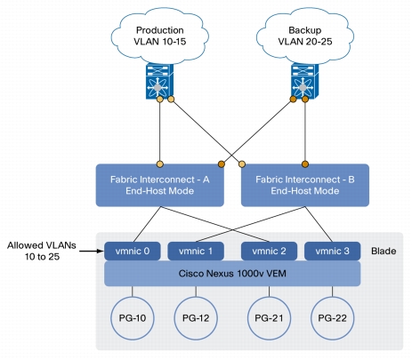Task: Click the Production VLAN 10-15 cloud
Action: (159, 36)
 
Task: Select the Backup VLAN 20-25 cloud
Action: (305, 36)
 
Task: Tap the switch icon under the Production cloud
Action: (159, 81)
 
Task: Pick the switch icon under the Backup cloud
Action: (305, 81)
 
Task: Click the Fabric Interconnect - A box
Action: (159, 185)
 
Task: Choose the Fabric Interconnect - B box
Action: (305, 185)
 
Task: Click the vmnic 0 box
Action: (133, 252)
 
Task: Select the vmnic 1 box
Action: (196, 252)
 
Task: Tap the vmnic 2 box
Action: (269, 252)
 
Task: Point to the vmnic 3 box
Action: (333, 252)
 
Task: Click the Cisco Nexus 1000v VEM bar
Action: (232, 274)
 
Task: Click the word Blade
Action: (384, 252)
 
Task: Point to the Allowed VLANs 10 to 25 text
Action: (42, 251)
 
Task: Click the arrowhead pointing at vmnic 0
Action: (101, 252)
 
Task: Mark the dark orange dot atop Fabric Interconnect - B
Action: (305, 164)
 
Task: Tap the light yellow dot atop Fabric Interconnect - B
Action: (242, 164)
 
